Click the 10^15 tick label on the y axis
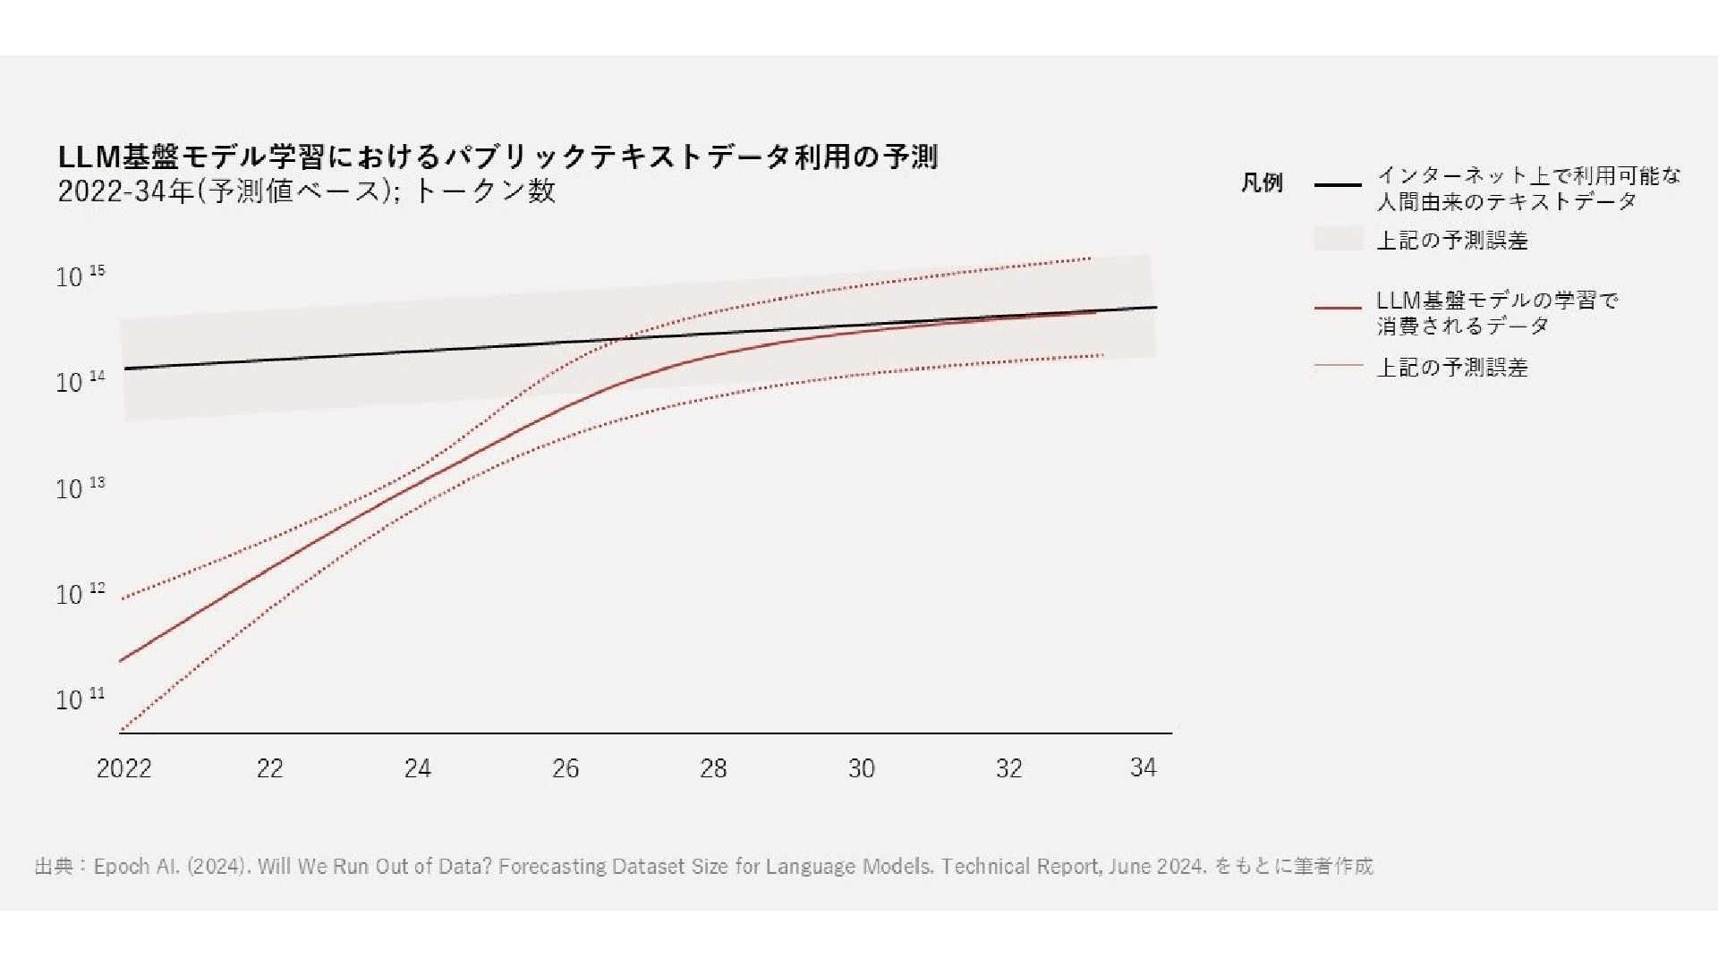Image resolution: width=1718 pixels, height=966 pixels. (x=80, y=276)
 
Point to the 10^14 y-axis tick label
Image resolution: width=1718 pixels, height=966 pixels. (x=80, y=382)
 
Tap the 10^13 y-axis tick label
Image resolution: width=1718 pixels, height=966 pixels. (x=80, y=488)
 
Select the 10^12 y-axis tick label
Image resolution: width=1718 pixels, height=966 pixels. (x=80, y=594)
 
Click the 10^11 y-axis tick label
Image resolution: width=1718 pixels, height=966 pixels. (x=80, y=699)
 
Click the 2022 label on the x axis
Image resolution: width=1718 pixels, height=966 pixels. (x=123, y=768)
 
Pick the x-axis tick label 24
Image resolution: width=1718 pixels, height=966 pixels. (x=417, y=768)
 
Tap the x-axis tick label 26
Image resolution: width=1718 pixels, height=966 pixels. (x=566, y=768)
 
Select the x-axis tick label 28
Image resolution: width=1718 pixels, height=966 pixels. (x=713, y=768)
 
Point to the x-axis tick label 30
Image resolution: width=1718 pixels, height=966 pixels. (x=861, y=768)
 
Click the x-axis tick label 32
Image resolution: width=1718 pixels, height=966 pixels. (x=1008, y=768)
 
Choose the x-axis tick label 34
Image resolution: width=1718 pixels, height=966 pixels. (x=1143, y=767)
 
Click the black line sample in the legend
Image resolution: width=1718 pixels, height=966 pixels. (x=1338, y=185)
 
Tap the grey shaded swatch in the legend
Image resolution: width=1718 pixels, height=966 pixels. (x=1338, y=239)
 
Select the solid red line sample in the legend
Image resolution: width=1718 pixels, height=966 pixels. (x=1338, y=309)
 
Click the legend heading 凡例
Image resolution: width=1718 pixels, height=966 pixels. (x=1262, y=183)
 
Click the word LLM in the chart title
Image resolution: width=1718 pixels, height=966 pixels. (x=89, y=157)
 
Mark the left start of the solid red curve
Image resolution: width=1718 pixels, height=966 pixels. (x=121, y=661)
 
